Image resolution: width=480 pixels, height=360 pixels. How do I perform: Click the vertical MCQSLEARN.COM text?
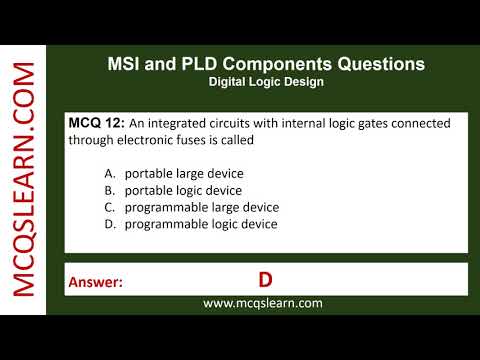pyautogui.click(x=25, y=180)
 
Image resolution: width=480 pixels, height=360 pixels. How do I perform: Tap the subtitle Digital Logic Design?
pyautogui.click(x=265, y=82)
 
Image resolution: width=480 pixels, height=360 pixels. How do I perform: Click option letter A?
pyautogui.click(x=110, y=173)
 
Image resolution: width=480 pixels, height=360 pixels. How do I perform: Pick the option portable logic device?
pyautogui.click(x=183, y=190)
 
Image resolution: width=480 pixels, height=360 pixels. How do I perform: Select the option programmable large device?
pyautogui.click(x=201, y=207)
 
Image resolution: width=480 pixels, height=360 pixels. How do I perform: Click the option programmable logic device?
pyautogui.click(x=200, y=224)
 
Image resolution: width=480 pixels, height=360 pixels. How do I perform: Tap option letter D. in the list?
pyautogui.click(x=110, y=224)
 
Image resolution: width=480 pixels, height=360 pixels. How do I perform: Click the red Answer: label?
pyautogui.click(x=96, y=283)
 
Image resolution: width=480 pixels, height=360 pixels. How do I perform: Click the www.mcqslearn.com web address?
pyautogui.click(x=263, y=303)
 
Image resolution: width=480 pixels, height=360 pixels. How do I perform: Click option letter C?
pyautogui.click(x=110, y=207)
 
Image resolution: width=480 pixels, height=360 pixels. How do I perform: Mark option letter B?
pyautogui.click(x=110, y=190)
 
